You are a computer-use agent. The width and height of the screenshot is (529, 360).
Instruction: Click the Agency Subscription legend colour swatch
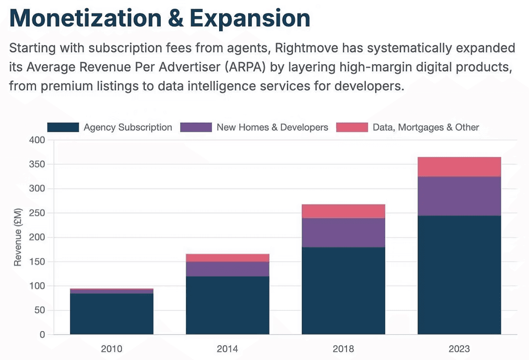[63, 127]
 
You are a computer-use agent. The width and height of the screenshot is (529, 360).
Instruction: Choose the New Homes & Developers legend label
[272, 127]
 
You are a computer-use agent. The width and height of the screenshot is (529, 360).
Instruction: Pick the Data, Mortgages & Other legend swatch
[351, 127]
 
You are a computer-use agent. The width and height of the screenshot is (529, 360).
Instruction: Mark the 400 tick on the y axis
[38, 140]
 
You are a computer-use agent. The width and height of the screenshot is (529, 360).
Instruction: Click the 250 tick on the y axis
[38, 213]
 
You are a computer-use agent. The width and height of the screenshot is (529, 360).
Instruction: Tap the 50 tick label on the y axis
[40, 310]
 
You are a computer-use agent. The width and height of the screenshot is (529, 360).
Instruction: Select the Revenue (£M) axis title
[18, 237]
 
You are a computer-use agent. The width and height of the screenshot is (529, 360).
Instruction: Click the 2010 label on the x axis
[111, 348]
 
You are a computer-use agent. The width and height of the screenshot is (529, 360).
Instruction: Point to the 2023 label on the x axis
[459, 348]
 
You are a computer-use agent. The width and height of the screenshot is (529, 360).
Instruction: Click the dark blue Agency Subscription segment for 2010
[111, 314]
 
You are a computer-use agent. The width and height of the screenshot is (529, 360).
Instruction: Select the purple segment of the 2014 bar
[227, 269]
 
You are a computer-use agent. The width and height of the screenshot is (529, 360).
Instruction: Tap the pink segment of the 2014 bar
[227, 258]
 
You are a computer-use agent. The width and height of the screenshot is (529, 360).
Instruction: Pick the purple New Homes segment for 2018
[343, 233]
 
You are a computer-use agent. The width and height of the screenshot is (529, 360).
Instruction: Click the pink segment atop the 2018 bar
[343, 211]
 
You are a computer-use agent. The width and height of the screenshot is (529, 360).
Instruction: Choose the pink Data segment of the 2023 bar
[459, 167]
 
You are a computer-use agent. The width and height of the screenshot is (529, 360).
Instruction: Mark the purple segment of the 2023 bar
[459, 196]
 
